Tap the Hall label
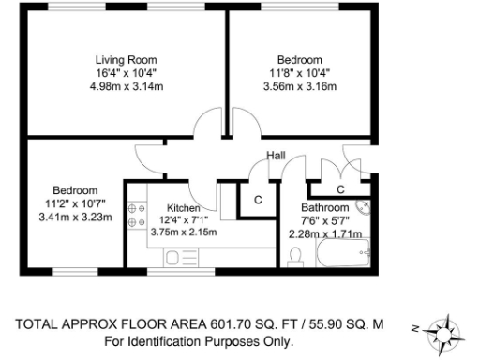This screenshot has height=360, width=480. [275, 156]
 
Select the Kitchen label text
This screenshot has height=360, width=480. [183, 207]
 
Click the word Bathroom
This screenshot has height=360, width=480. [324, 207]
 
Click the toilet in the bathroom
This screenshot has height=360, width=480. [295, 252]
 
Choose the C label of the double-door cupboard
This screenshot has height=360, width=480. [340, 188]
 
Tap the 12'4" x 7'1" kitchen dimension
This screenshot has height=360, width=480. [183, 220]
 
